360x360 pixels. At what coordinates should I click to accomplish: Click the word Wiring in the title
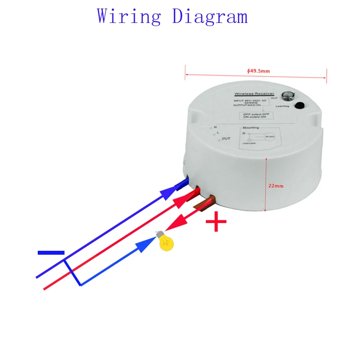[x=129, y=17]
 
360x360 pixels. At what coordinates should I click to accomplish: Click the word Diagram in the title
[x=210, y=17]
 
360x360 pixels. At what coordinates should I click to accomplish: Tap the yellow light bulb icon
[x=165, y=241]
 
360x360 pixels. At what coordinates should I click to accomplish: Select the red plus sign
[x=216, y=222]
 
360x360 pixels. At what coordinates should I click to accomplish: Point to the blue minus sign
[x=51, y=253]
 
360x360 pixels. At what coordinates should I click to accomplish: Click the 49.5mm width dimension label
[x=258, y=71]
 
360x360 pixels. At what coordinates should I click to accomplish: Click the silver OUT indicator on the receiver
[x=286, y=96]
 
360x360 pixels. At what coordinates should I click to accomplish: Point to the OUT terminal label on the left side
[x=226, y=138]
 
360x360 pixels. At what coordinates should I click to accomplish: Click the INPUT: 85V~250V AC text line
[x=250, y=100]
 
